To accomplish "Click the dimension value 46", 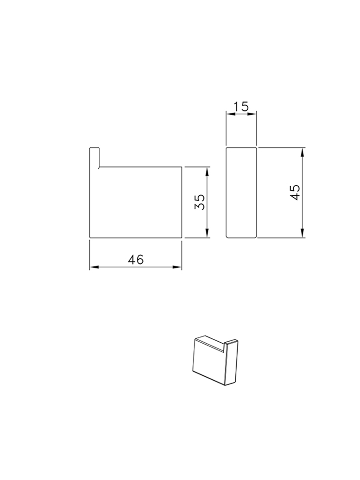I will (x=136, y=259).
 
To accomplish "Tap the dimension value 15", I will (x=241, y=106).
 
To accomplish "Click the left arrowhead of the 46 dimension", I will (x=93, y=267).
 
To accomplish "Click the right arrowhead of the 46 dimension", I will (x=179, y=267).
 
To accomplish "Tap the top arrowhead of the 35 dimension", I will (x=207, y=170).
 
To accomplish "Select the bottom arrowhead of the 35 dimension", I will (x=207, y=235).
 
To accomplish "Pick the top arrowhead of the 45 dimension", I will (x=302, y=151).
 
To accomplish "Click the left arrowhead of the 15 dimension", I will (x=229, y=114).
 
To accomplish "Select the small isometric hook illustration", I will (x=215, y=359).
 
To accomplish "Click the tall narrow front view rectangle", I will (x=241, y=192).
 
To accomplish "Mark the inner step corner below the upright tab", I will (x=99, y=167).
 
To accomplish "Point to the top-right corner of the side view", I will (x=182, y=167).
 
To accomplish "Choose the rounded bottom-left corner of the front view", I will (x=228, y=236).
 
